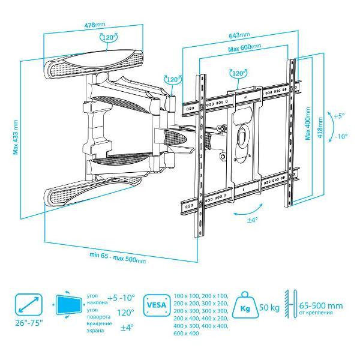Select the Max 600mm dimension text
tap(245, 47)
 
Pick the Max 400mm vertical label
tap(308, 128)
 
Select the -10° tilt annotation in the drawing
tap(341, 136)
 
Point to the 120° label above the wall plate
tap(110, 37)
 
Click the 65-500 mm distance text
tap(322, 305)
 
